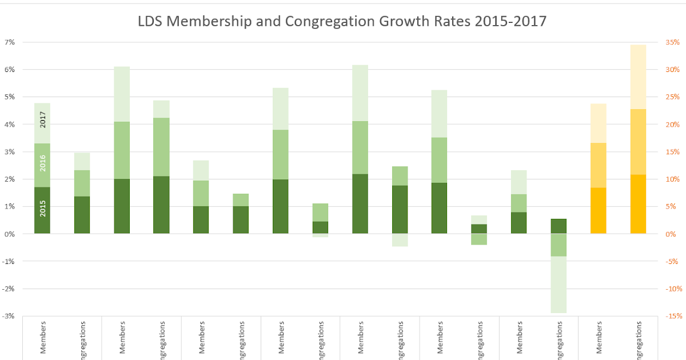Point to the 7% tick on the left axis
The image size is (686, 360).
click(x=10, y=42)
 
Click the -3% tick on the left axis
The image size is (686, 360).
click(x=9, y=316)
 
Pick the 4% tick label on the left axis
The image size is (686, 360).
click(x=10, y=125)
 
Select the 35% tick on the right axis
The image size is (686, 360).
click(x=672, y=42)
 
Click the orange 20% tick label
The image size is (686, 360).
click(x=672, y=125)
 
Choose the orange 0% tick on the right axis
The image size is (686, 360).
click(x=670, y=234)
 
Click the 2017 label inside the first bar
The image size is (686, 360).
click(x=42, y=120)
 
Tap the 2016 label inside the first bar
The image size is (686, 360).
click(x=42, y=163)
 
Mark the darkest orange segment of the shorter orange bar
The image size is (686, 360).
click(x=598, y=210)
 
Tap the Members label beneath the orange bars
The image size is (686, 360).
click(x=599, y=337)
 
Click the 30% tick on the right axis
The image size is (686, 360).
click(x=672, y=70)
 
